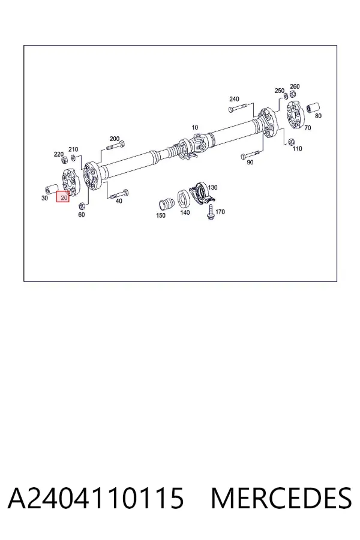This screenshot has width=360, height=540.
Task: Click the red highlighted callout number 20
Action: click(64, 197)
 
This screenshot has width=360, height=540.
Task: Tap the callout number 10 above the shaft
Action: click(195, 127)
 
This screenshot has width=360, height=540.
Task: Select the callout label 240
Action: click(234, 99)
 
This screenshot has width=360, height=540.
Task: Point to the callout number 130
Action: click(213, 187)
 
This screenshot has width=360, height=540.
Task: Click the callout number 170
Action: click(220, 211)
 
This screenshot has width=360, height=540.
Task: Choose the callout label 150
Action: click(161, 215)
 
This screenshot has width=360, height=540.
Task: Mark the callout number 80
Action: click(318, 116)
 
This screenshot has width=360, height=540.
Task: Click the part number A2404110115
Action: click(96, 498)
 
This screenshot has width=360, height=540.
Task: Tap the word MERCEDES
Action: click(281, 498)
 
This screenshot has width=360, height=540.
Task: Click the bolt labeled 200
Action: click(116, 146)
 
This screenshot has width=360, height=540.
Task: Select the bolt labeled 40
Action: click(119, 194)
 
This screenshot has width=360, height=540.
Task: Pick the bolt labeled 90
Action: click(250, 155)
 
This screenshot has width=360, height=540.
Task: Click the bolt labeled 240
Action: click(238, 109)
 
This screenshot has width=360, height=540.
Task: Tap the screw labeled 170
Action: click(210, 212)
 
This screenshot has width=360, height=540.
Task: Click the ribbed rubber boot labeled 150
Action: click(166, 203)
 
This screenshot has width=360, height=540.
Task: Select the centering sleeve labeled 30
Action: click(50, 190)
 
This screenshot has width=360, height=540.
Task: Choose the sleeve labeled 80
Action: click(313, 107)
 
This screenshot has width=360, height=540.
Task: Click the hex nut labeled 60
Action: click(82, 206)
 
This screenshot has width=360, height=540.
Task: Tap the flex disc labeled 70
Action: click(294, 115)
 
